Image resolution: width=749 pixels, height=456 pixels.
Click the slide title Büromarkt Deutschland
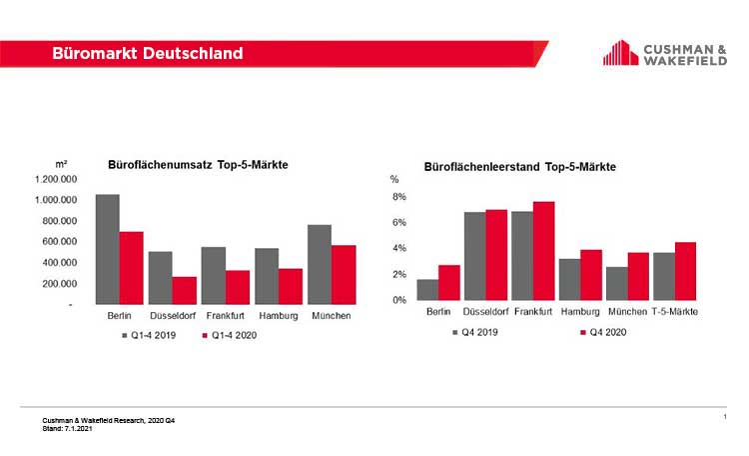point(147,53)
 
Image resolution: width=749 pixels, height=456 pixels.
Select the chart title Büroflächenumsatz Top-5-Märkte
point(198,164)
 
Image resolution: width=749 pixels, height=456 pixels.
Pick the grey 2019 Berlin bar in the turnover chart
point(107,249)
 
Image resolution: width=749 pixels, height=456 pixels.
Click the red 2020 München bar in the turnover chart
point(344,274)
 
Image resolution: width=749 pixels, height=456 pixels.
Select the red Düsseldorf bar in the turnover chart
point(184,290)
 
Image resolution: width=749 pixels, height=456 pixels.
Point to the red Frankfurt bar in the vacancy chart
point(543,251)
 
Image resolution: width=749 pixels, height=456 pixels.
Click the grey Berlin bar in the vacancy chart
point(427,289)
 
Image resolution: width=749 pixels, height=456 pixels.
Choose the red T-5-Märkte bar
point(684,271)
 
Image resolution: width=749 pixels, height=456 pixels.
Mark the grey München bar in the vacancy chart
point(616,283)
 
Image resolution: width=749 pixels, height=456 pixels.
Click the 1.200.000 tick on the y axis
point(58,179)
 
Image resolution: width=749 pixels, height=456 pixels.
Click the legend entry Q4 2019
point(477,332)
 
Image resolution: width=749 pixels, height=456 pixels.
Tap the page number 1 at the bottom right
point(723,413)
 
